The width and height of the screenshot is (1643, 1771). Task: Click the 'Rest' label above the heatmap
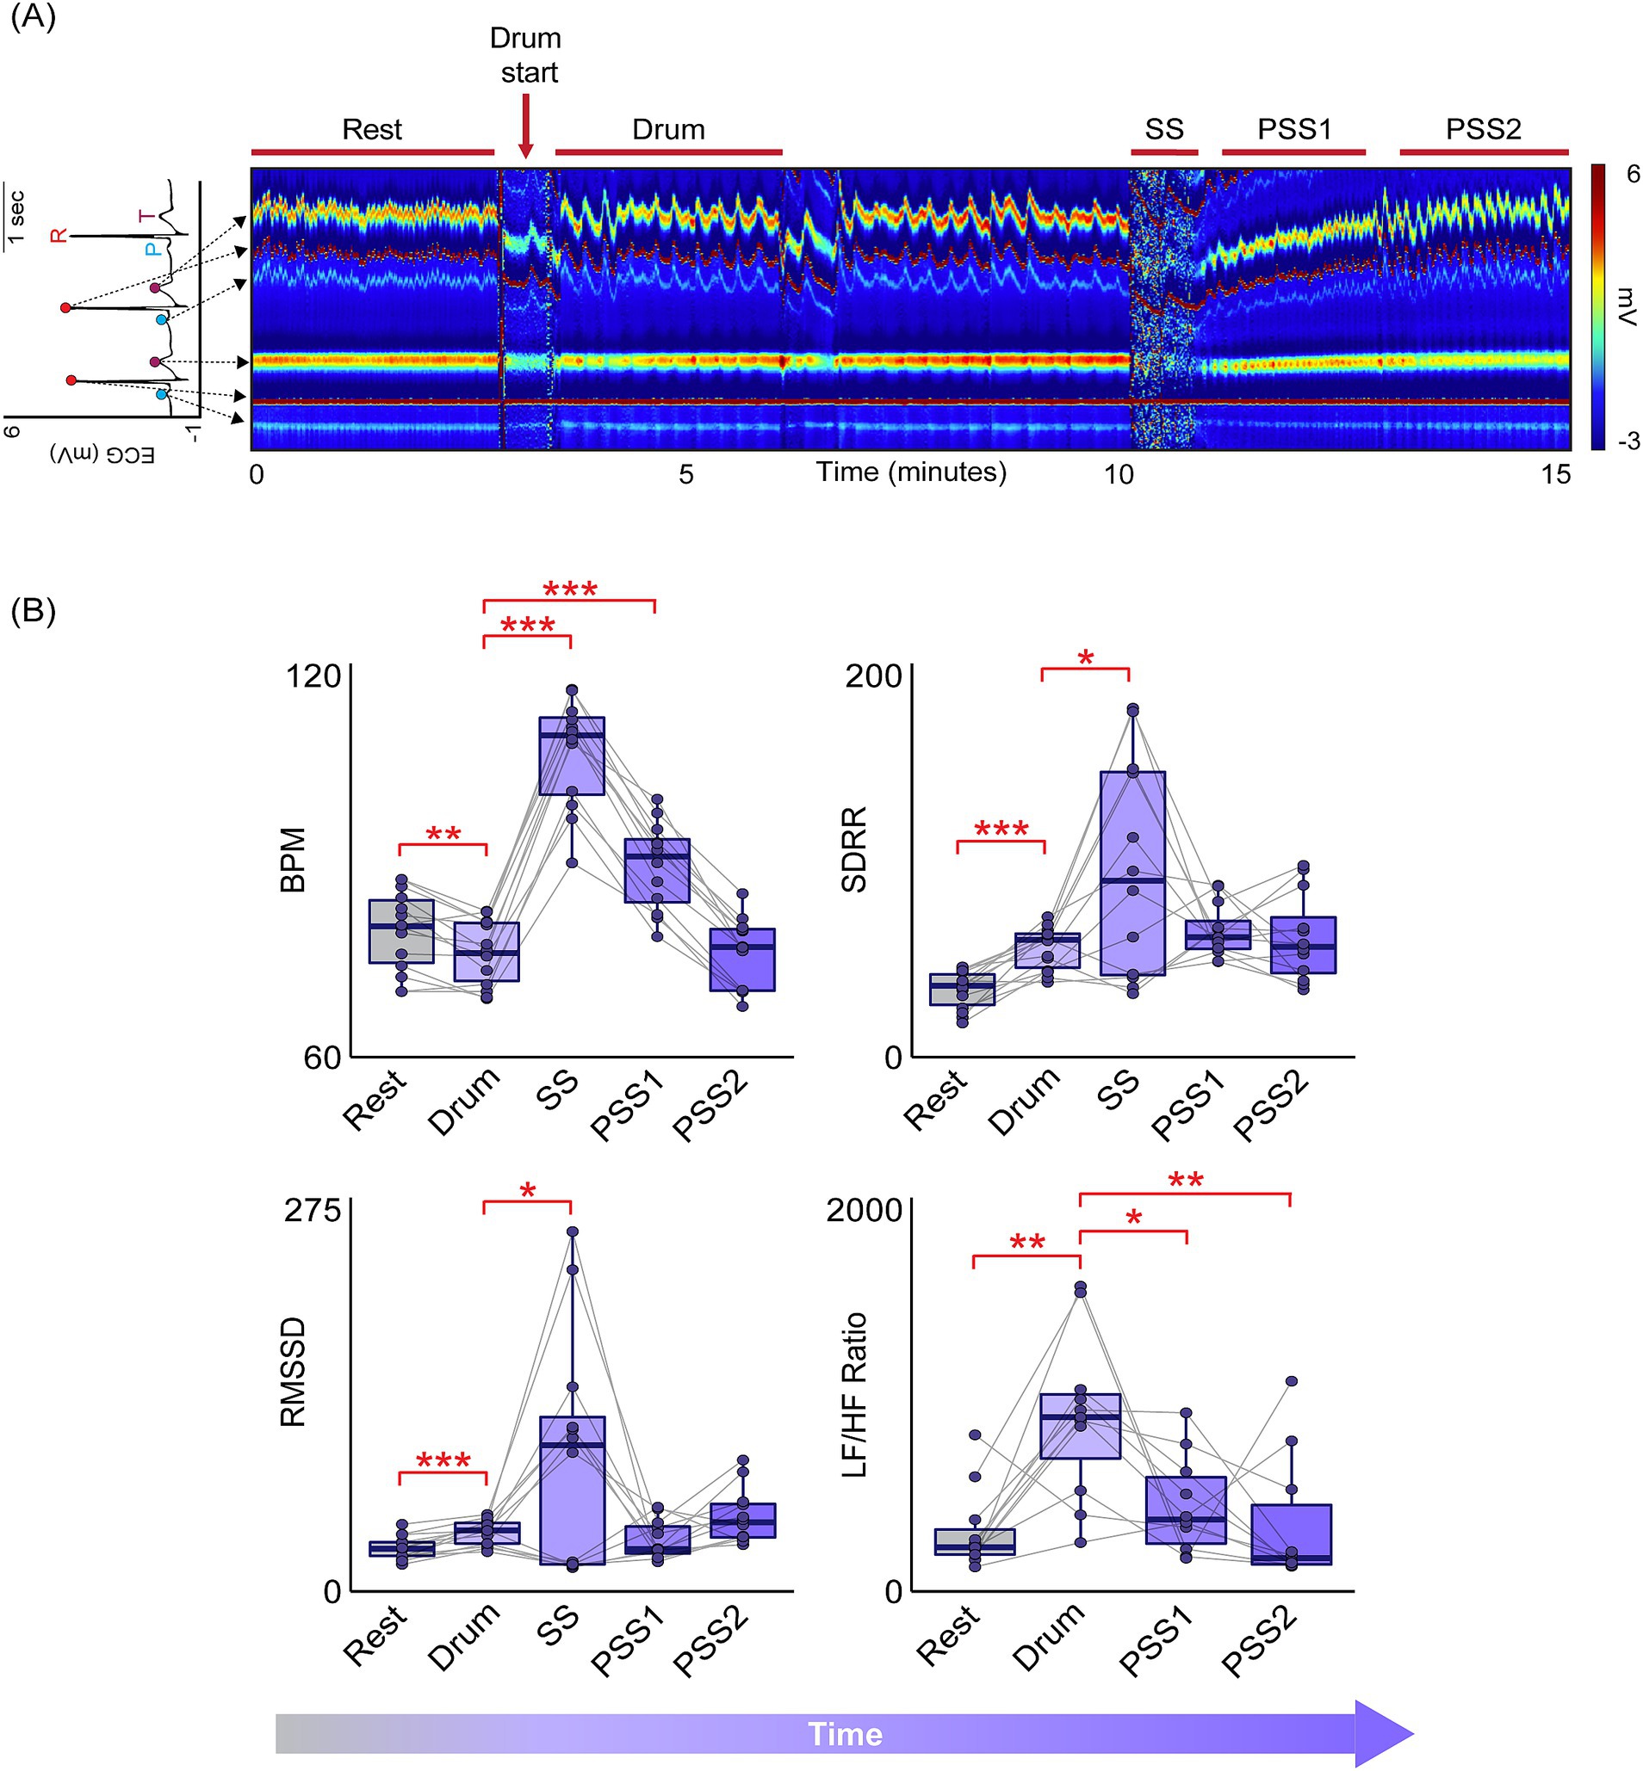point(372,130)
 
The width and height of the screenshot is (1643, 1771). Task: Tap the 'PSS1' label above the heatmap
point(1293,130)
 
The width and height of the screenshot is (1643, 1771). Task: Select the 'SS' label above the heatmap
point(1164,130)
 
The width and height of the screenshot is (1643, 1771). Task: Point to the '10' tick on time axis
point(1119,474)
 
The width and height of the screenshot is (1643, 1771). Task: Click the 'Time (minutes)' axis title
point(911,472)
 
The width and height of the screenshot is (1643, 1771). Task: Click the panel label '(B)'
point(33,611)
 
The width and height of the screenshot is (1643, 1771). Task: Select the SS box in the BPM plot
point(572,756)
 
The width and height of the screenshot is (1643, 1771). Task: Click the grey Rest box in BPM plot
point(401,931)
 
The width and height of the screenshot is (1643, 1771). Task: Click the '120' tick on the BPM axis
point(312,676)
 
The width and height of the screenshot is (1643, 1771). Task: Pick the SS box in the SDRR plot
point(1131,873)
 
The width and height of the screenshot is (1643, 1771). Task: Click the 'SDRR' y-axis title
point(853,849)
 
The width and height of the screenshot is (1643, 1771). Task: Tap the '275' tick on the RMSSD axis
point(312,1209)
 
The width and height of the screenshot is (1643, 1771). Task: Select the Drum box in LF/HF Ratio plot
point(1079,1425)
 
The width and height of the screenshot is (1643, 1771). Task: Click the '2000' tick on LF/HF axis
point(865,1210)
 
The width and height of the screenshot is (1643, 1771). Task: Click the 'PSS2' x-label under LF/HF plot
point(1260,1643)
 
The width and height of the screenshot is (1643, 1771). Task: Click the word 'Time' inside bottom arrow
point(845,1734)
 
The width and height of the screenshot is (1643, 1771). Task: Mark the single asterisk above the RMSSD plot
point(528,1192)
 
